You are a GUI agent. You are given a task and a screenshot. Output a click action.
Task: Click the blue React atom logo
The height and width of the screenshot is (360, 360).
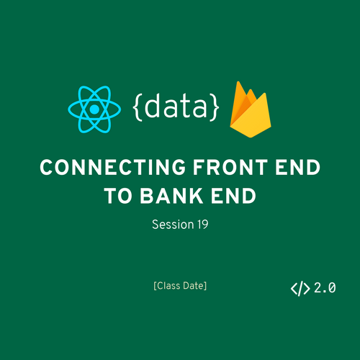click(x=94, y=109)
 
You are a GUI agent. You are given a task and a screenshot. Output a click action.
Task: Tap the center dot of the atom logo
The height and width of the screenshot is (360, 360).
click(x=94, y=109)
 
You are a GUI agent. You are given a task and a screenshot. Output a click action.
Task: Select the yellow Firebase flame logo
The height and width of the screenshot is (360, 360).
click(x=251, y=109)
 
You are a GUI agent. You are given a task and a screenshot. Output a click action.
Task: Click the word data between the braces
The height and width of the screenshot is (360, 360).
click(x=176, y=106)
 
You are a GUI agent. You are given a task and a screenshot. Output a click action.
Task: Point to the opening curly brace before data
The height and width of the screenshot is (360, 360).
click(x=138, y=107)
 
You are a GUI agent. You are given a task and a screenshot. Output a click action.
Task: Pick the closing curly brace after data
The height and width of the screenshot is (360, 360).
click(x=214, y=107)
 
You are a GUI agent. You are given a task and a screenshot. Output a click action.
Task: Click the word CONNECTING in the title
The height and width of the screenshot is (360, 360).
click(x=113, y=167)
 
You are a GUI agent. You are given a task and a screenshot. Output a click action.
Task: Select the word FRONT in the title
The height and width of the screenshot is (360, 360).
click(x=230, y=167)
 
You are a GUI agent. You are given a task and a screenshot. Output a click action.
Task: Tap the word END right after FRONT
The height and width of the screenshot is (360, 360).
click(x=297, y=167)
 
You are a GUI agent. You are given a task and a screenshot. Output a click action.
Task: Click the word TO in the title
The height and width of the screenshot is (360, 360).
click(x=118, y=196)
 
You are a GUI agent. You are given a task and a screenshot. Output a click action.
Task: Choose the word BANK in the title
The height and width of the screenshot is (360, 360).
click(x=171, y=196)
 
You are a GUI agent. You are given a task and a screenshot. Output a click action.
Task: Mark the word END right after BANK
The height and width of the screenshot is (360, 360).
click(x=233, y=196)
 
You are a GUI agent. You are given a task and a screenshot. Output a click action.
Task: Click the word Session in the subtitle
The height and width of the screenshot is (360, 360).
click(x=173, y=225)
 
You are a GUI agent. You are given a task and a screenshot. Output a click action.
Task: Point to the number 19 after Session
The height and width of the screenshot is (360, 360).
click(x=203, y=225)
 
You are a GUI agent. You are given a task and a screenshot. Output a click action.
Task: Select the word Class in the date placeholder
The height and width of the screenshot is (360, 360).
click(x=168, y=286)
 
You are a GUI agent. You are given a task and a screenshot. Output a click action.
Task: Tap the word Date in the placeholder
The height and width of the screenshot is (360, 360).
click(x=194, y=286)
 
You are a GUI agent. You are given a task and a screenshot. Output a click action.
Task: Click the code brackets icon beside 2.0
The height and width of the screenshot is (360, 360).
click(x=300, y=289)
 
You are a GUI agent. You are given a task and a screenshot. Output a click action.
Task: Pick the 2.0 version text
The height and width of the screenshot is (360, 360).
click(x=325, y=288)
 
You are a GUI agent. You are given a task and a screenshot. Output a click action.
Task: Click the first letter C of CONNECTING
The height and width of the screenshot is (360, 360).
click(x=46, y=167)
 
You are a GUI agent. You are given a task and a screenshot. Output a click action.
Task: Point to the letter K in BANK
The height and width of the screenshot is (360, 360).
click(x=196, y=196)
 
